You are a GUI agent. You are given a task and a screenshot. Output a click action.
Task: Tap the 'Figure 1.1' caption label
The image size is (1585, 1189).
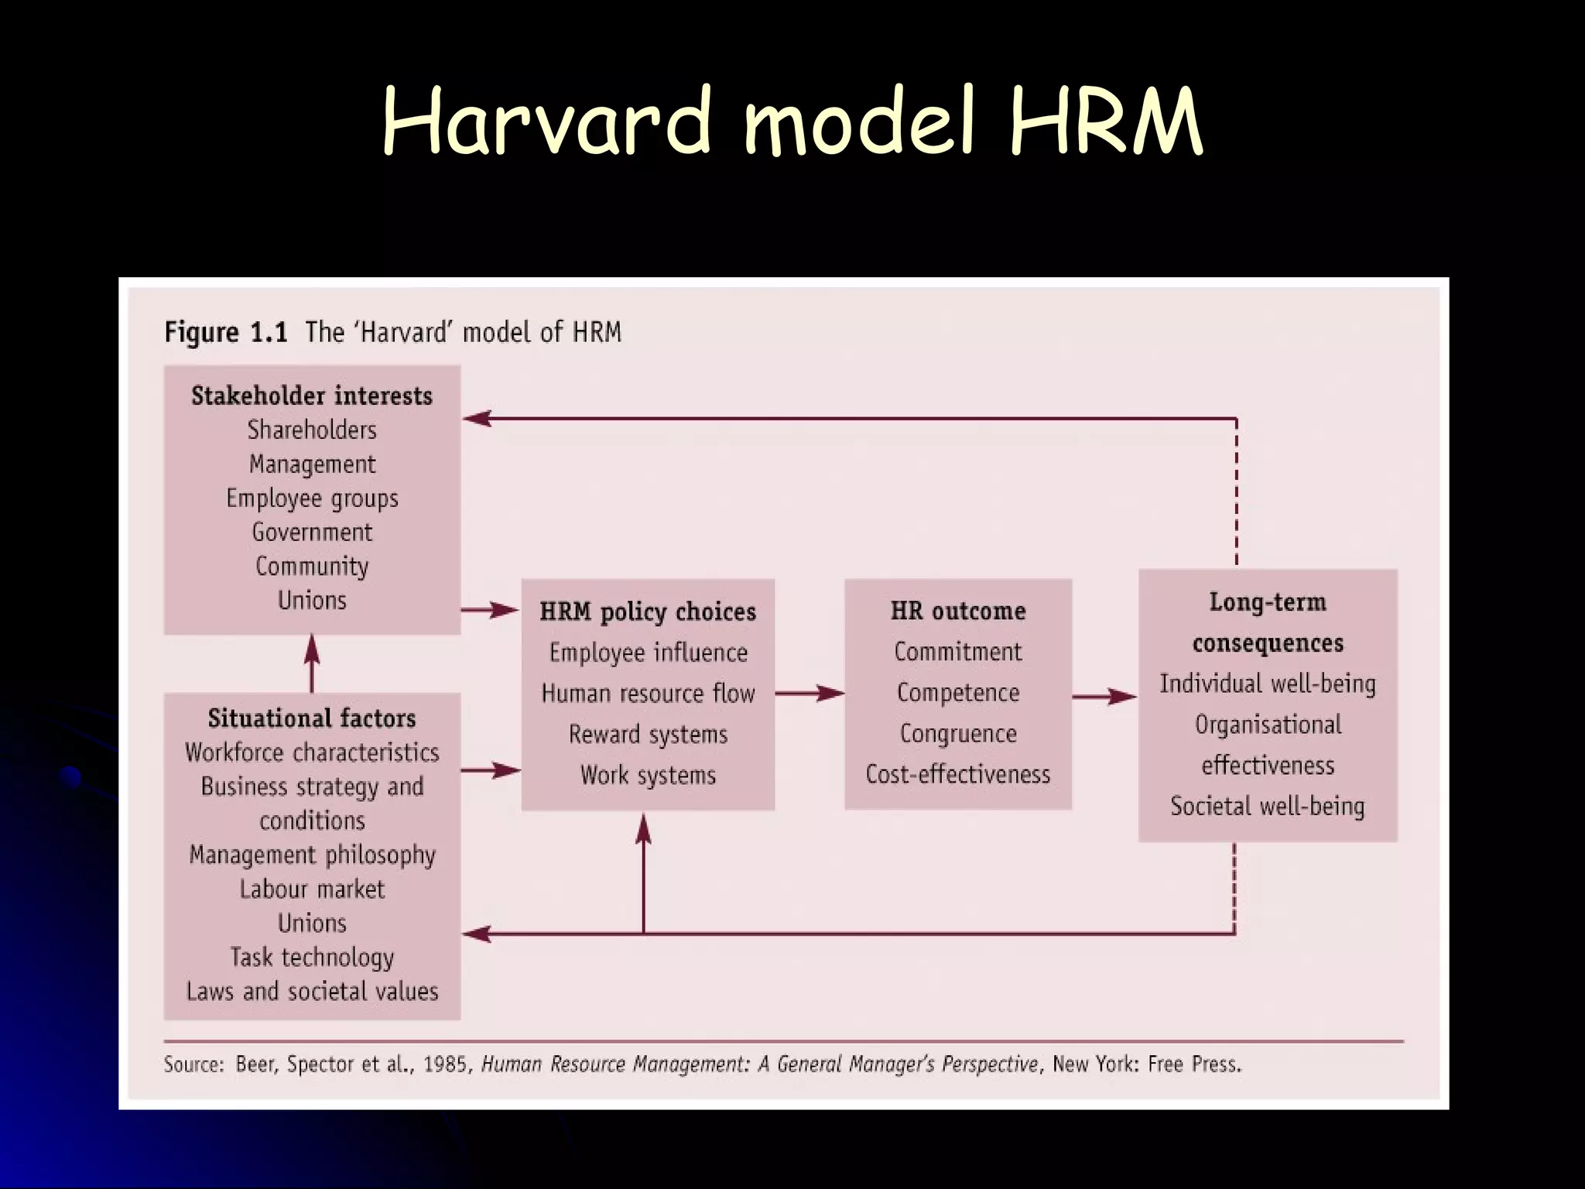[225, 333]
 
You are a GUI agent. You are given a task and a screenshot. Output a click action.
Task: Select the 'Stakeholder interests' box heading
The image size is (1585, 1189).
[312, 396]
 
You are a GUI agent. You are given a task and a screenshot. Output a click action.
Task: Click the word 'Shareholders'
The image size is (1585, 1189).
[312, 430]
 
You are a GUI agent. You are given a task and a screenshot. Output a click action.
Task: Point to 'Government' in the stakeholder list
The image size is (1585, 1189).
[312, 533]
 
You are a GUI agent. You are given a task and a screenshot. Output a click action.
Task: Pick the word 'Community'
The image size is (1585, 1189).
[312, 567]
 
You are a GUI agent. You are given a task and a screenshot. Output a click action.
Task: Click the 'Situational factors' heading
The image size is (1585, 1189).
[312, 718]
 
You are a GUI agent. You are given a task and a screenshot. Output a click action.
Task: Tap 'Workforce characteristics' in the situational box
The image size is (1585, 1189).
[312, 752]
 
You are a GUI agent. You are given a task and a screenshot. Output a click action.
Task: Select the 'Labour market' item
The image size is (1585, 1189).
[312, 889]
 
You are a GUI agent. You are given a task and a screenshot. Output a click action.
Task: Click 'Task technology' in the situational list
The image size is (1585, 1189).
[312, 958]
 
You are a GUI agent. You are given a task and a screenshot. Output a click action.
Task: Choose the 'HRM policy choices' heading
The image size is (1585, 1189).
[648, 612]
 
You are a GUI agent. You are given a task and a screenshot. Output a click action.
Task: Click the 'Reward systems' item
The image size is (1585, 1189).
[648, 734]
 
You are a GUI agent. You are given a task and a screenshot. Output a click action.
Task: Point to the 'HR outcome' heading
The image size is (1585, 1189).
[958, 611]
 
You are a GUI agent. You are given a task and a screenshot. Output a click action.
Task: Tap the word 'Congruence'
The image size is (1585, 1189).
[958, 733]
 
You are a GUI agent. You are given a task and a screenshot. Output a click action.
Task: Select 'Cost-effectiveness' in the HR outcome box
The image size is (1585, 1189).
[958, 774]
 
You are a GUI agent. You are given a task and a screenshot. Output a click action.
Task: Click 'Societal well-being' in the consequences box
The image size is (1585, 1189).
[1268, 807]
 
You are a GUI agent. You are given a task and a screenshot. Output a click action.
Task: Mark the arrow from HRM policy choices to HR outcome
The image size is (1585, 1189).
[810, 694]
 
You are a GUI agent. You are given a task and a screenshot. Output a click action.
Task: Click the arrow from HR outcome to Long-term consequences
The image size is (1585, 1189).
[1104, 697]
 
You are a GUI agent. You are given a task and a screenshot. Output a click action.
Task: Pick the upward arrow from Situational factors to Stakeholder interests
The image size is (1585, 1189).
[312, 663]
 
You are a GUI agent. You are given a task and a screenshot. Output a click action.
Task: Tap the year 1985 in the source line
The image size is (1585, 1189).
[445, 1065]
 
